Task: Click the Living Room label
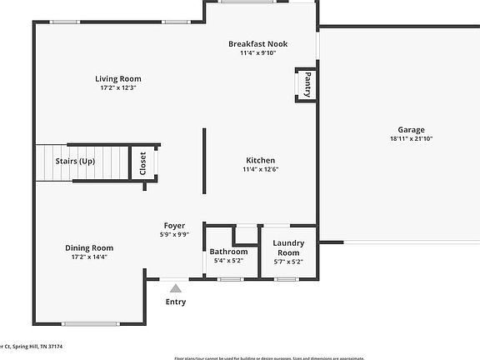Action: [117, 79]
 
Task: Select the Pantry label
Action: [307, 85]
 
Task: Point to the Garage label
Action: [411, 129]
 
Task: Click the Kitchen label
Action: [260, 160]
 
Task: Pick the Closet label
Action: [142, 162]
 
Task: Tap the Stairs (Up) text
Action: [75, 161]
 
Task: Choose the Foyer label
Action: [174, 226]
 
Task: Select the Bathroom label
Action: [228, 252]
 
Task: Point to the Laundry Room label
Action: [288, 247]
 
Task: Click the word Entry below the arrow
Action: [176, 302]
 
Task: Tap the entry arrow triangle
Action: [176, 287]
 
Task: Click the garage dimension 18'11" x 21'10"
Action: [411, 138]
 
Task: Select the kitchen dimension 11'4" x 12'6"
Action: [260, 169]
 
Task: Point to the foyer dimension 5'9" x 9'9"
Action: [174, 234]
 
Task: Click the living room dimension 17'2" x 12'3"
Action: [117, 87]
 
